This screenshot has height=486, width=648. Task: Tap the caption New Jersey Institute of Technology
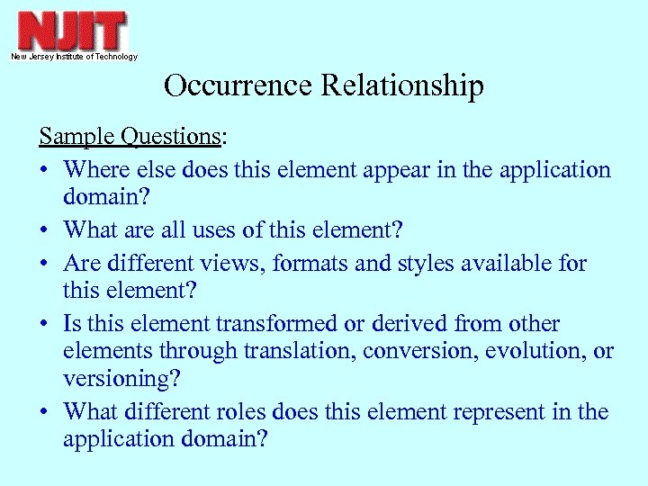[x=74, y=57]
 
